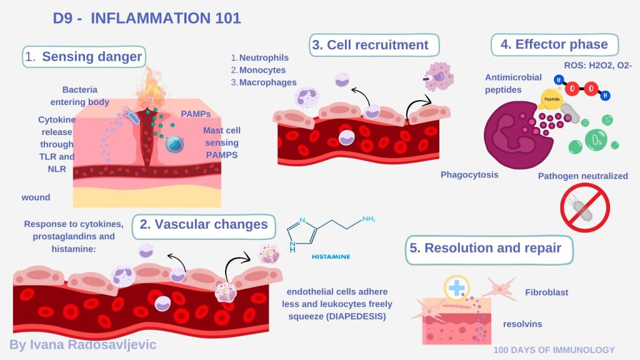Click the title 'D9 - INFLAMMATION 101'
[x=147, y=18]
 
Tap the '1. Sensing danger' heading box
[x=84, y=57]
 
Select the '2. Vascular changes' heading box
[x=203, y=225]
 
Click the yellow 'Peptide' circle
[x=552, y=99]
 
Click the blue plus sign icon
[x=457, y=287]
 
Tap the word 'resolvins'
[x=522, y=324]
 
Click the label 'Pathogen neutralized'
[x=582, y=176]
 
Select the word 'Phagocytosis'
[x=469, y=174]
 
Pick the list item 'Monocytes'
[x=262, y=70]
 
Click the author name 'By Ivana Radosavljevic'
[x=82, y=344]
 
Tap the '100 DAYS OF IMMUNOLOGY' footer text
[x=554, y=350]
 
